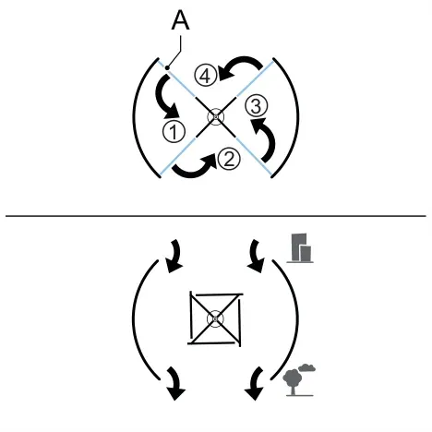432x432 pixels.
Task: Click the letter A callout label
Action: [180, 20]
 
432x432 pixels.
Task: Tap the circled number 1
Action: [174, 132]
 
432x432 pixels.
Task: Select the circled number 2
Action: [229, 159]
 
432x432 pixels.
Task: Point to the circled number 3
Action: [257, 106]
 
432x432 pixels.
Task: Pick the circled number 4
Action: [206, 76]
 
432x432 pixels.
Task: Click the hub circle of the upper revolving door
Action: [216, 117]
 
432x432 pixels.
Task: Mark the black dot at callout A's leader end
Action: [167, 67]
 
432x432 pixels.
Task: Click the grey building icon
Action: [300, 248]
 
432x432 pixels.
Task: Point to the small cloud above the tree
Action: [306, 367]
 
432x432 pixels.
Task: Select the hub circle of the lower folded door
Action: [215, 319]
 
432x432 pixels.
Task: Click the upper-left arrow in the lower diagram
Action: [176, 256]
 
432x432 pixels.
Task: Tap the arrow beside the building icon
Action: [255, 256]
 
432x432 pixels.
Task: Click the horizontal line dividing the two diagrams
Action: [216, 216]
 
